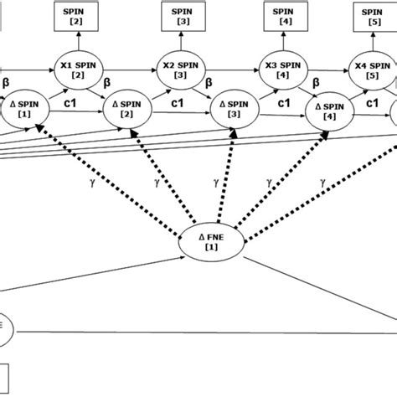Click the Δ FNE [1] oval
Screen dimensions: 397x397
(211, 243)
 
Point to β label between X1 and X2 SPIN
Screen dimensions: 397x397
(107, 84)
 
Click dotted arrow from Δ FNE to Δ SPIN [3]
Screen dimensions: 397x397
(222, 176)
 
